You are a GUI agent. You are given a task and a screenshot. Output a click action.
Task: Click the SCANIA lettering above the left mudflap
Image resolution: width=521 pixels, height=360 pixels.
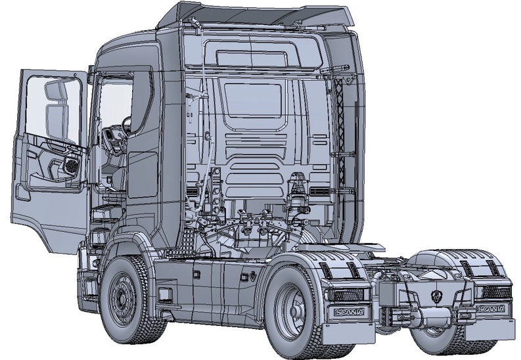coord(350,312)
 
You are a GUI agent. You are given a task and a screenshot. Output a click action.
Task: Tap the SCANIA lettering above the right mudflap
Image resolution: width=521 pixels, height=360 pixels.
coord(491,309)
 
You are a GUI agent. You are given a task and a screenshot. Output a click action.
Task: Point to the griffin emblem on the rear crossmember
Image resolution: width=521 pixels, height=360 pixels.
coord(436,295)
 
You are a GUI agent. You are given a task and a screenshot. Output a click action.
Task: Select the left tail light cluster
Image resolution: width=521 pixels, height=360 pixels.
coord(348,294)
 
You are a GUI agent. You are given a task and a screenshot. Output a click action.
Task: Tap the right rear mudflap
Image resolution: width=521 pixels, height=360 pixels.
coord(489,328)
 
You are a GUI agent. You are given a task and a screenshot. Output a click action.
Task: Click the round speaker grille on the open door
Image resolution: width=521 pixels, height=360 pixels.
coord(72,164)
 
